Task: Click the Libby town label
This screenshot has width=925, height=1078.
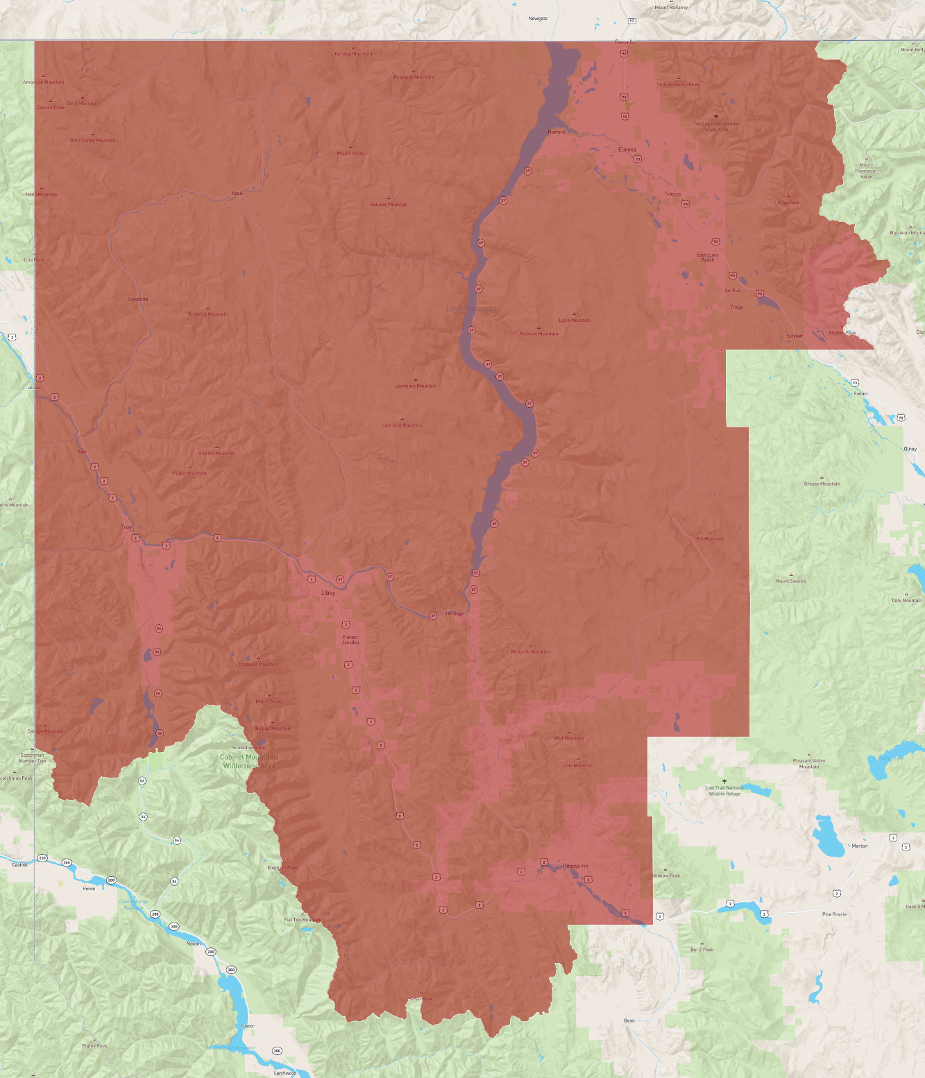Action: coord(328,593)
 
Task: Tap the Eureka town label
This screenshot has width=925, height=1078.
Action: coord(627,149)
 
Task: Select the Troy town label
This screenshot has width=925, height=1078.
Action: coord(126,527)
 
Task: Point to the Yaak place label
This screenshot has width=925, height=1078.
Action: coord(237,194)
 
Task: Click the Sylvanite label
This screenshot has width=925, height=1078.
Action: coord(138,300)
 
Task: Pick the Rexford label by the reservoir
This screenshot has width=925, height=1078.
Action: coord(557,132)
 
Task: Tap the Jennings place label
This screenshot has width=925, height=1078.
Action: coord(454,613)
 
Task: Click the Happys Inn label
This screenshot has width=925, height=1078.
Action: coord(575,866)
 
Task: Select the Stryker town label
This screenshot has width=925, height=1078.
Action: coord(795,336)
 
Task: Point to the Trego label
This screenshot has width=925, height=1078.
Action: coord(736,307)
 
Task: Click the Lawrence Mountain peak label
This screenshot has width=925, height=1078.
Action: coord(416,386)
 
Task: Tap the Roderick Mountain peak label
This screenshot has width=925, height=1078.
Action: coord(207,314)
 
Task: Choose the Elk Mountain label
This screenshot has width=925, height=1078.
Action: coord(709,539)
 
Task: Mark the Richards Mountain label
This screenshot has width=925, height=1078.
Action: coord(530,652)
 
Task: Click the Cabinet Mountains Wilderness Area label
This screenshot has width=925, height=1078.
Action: coord(249,761)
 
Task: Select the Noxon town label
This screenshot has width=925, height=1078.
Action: coord(194,943)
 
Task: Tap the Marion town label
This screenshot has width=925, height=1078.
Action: coord(859,846)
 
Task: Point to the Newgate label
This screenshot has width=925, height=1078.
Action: coord(538,19)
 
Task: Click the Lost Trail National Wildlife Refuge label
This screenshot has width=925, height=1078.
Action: coord(724,791)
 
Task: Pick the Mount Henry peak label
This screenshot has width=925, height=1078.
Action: coord(350,153)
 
